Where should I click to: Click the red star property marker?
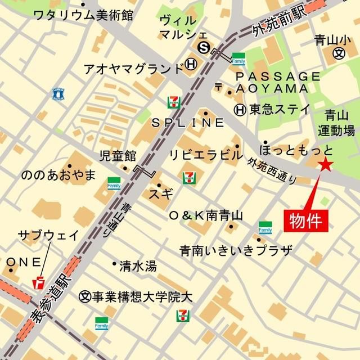tap(325, 165)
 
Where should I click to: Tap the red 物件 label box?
tap(308, 220)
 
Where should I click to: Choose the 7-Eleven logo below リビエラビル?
tap(189, 177)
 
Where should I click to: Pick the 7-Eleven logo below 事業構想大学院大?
tap(182, 316)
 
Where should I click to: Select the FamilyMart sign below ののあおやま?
tap(114, 183)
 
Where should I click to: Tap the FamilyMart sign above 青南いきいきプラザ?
tap(265, 228)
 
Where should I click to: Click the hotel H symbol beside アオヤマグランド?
tap(192, 65)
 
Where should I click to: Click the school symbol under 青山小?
tap(338, 53)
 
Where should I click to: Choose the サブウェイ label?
tap(48, 235)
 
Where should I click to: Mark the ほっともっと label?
tap(296, 150)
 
